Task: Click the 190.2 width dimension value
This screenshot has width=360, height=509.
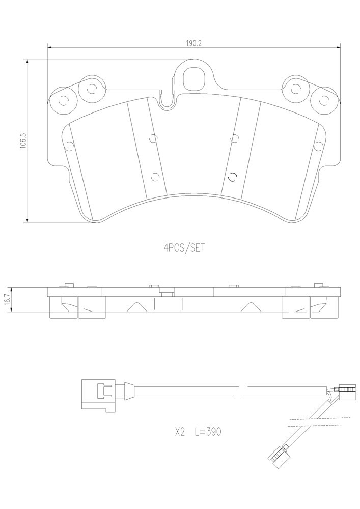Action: pos(194,43)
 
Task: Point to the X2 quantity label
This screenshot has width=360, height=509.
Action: pos(180,432)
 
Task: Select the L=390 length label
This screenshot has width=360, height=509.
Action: pos(208,432)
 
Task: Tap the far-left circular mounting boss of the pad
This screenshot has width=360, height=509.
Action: pos(63,101)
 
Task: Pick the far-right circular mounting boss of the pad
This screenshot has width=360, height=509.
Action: pos(324,101)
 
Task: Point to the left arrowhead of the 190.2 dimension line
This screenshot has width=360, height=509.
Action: pos(50,47)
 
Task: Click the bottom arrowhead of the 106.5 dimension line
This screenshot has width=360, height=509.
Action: pos(27,221)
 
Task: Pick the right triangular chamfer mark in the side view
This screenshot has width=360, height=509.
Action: pos(249,307)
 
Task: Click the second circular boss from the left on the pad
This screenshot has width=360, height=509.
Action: pos(92,88)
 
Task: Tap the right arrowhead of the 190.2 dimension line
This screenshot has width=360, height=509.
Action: pos(338,47)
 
